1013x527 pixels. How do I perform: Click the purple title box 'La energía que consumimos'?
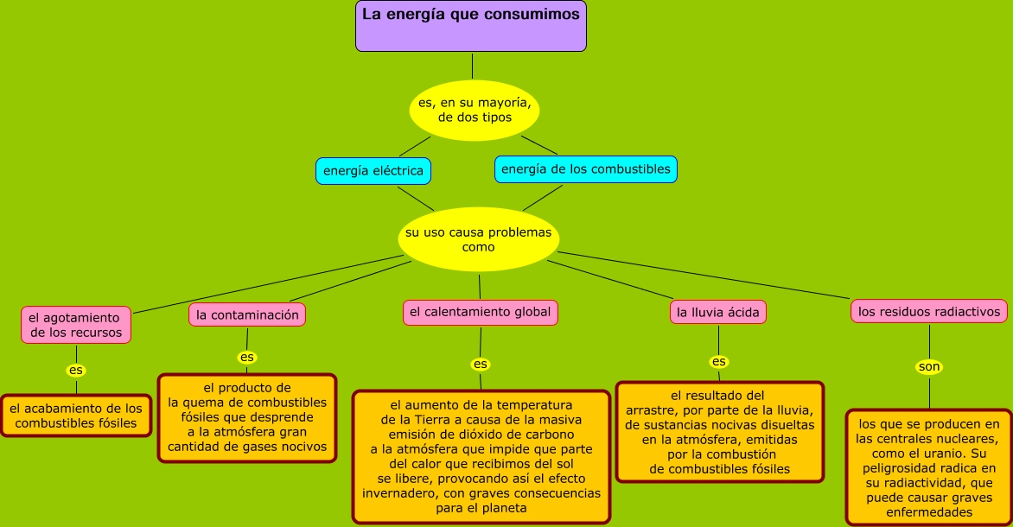471,26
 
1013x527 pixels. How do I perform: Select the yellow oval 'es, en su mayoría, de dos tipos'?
474,110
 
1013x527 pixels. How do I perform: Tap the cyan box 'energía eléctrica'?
373,171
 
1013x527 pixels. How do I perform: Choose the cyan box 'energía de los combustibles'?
586,169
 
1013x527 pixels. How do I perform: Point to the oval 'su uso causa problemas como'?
478,239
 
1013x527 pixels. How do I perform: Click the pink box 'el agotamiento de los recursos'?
76,325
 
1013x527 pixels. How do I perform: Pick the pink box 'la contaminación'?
247,315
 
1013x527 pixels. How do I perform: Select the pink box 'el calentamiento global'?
480,312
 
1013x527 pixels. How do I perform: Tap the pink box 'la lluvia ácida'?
718,312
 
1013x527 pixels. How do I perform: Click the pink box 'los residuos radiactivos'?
929,311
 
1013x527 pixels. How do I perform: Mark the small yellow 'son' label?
929,367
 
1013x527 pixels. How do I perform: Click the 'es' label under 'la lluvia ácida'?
719,361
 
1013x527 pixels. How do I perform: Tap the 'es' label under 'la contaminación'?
247,357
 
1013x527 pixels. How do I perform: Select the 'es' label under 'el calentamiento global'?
481,364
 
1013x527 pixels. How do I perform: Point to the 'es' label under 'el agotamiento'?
76,371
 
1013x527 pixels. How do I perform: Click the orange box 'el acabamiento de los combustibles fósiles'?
76,416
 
